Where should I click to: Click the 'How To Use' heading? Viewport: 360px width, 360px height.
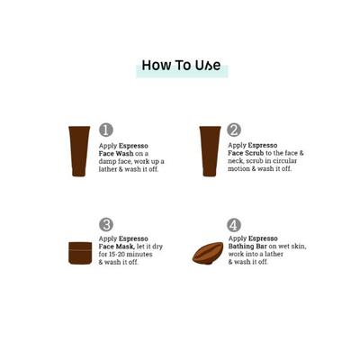point(181,66)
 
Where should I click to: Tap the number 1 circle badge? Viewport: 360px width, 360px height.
point(106,130)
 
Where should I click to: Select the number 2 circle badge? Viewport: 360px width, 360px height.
point(234,130)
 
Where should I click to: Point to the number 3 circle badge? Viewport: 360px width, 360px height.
point(106,225)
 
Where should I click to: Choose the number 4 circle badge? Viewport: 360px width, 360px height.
point(234,225)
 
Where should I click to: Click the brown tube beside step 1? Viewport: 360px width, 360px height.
point(79,151)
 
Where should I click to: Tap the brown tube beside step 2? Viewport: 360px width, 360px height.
point(210,151)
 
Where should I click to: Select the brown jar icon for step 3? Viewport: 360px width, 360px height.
point(80,253)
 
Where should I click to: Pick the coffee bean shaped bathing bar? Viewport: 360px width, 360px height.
point(208,253)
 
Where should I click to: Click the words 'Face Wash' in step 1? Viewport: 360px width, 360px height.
point(116,154)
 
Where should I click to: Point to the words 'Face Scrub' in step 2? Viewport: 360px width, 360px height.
point(246,153)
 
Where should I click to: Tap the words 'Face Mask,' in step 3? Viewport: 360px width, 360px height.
point(117,247)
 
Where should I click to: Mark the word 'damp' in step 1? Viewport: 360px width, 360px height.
point(106,161)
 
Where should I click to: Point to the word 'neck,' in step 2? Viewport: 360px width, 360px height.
point(237,161)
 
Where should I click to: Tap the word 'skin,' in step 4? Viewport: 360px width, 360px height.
point(298,247)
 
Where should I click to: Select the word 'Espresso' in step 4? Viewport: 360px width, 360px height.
point(263,238)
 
